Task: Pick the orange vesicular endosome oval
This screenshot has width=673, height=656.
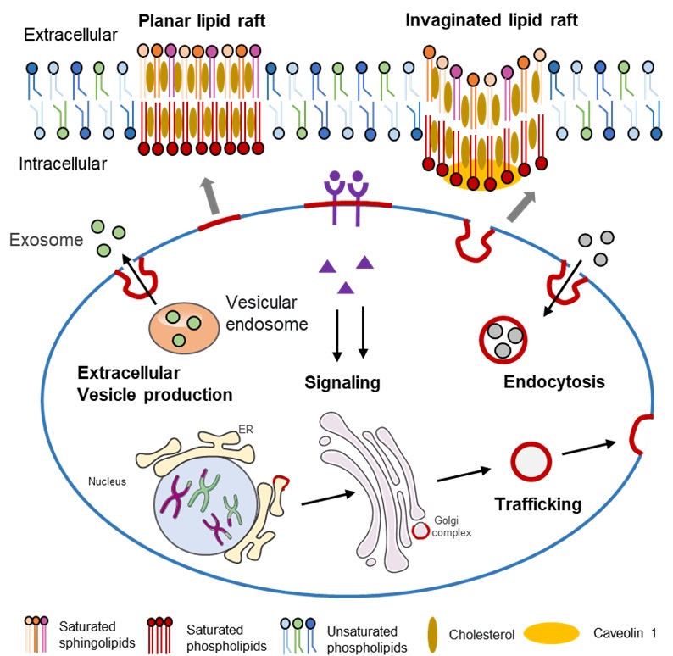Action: tap(181, 327)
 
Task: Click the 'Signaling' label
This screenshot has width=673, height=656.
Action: tap(342, 382)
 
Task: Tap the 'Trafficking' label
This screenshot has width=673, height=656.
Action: tap(538, 504)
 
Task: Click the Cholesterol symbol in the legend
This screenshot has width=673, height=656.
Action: tap(432, 632)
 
